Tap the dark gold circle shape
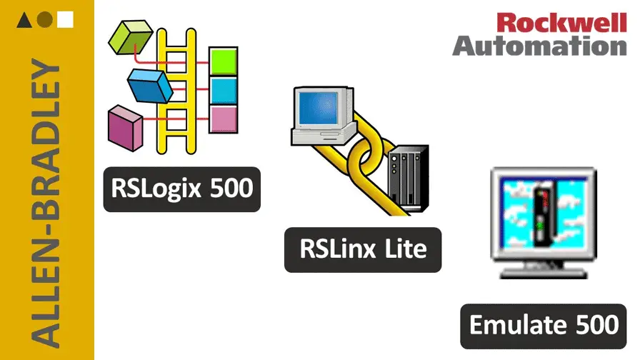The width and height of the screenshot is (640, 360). pos(44,20)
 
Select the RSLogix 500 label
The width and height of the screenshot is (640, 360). pos(182,189)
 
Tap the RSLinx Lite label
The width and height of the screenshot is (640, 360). pos(363,249)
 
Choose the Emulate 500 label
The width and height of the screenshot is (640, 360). pos(544,324)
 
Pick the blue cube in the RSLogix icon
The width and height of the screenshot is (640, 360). pos(151,85)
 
